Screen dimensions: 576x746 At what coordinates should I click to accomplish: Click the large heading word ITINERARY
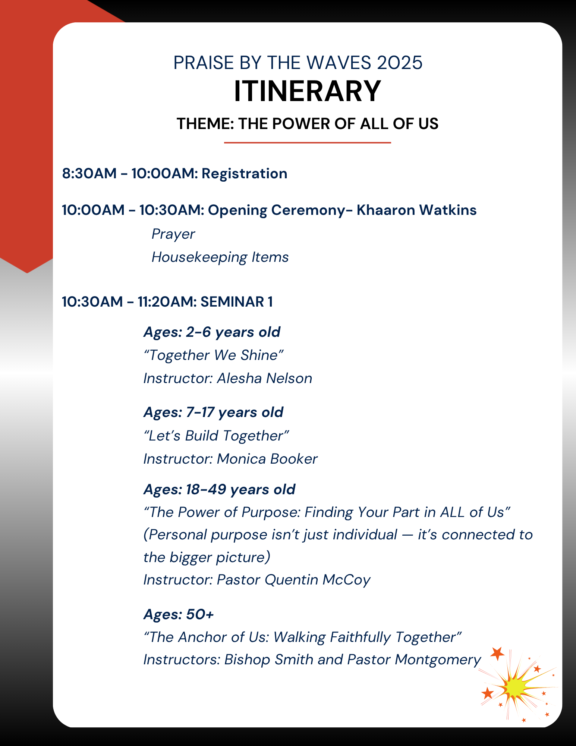[x=307, y=91]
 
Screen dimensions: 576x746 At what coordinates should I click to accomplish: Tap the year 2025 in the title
[x=400, y=63]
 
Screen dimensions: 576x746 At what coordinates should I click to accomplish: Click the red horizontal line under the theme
[x=307, y=142]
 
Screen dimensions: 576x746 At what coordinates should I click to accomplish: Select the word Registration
[x=245, y=174]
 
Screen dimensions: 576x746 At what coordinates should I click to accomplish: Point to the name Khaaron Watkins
[x=416, y=210]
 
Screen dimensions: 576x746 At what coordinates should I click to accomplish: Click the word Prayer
[x=173, y=234]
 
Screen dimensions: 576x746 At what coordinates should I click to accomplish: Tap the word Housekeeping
[x=199, y=257]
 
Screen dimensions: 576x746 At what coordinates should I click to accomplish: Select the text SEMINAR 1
[x=236, y=302]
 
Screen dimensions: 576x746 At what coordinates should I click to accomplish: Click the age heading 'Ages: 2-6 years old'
[x=212, y=332]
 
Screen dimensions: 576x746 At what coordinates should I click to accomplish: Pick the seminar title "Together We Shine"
[x=214, y=355]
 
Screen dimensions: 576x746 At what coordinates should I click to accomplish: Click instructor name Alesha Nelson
[x=265, y=378]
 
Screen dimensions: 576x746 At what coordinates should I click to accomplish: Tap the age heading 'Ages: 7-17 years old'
[x=213, y=413]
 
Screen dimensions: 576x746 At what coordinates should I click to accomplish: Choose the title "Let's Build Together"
[x=216, y=436]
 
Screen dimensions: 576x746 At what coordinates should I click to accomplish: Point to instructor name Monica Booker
[x=267, y=459]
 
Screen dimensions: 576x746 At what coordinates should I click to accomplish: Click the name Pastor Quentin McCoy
[x=294, y=580]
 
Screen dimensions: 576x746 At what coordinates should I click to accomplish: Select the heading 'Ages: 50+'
[x=179, y=614]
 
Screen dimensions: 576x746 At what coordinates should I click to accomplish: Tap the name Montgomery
[x=438, y=660]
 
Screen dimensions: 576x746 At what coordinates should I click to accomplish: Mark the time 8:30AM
[x=89, y=174]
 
